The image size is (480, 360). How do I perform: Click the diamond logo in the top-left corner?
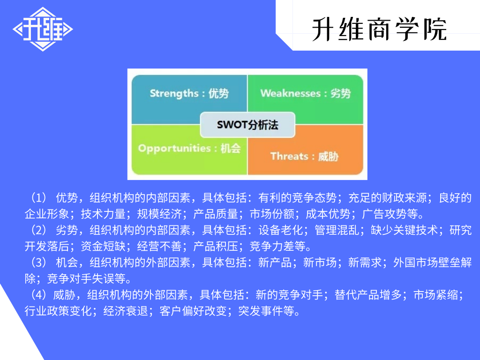point(43,29)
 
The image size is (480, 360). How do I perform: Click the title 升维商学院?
point(379,29)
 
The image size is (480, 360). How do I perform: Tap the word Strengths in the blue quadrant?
point(174,93)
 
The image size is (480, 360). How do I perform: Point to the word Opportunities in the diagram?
point(174,148)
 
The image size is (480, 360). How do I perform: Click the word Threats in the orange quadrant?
point(289,156)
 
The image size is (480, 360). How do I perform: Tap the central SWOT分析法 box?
point(247,125)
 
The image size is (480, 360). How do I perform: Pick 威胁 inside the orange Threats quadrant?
point(328,156)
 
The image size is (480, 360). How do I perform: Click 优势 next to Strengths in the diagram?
point(218,93)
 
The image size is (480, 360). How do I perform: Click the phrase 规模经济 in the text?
point(159,214)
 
